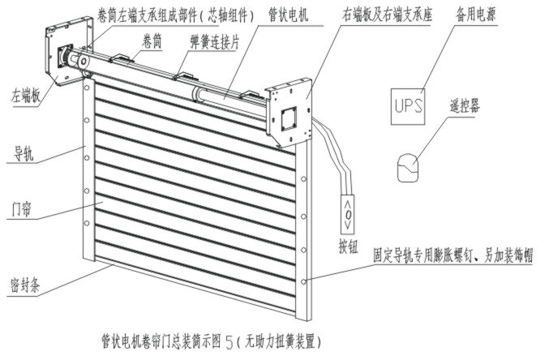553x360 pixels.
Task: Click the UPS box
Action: coord(408,106)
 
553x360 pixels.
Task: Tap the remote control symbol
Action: coord(408,168)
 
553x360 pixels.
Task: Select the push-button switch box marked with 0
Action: coord(347,214)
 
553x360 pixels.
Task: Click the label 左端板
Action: coord(26,95)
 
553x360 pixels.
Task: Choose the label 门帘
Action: coord(22,209)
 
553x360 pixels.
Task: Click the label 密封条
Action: coord(25,285)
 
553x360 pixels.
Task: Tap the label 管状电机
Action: coord(288,15)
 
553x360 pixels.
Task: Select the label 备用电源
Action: coord(475,15)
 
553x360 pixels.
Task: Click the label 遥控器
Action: coord(465,105)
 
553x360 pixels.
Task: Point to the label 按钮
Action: coord(349,246)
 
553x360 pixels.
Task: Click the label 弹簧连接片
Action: coord(214,42)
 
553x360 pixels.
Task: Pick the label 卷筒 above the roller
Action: coord(152,41)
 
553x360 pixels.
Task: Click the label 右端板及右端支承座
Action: coord(387,15)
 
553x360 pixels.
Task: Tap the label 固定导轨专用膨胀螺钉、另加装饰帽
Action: coord(453,255)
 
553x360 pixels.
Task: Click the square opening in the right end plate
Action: coord(289,119)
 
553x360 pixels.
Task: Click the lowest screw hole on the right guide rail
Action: coord(303,281)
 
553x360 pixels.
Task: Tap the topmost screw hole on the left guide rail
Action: coord(87,88)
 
